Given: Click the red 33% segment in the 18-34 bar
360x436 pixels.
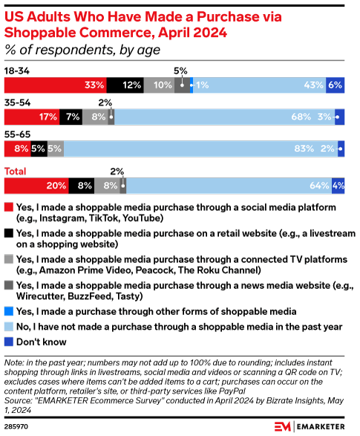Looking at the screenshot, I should pyautogui.click(x=56, y=85).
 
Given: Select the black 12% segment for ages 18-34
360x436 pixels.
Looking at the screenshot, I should pyautogui.click(x=125, y=85).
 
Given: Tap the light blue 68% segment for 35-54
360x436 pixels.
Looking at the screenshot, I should pyautogui.click(x=223, y=117).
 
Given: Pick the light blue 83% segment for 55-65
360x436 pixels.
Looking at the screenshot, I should pyautogui.click(x=200, y=149).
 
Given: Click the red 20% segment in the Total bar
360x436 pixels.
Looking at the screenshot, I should pyautogui.click(x=36, y=186).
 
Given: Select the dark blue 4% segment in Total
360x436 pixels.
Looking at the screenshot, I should pyautogui.click(x=338, y=186).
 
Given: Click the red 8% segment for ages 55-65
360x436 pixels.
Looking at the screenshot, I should pyautogui.click(x=17, y=149).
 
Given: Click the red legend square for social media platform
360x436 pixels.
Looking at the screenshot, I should pyautogui.click(x=8, y=207).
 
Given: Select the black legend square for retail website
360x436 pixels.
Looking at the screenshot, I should pyautogui.click(x=8, y=233).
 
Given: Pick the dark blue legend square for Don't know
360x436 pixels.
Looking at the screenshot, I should pyautogui.click(x=8, y=342).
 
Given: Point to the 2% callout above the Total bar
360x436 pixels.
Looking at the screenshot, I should pyautogui.click(x=117, y=171).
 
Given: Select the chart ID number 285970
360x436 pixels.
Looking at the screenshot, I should pyautogui.click(x=18, y=426).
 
